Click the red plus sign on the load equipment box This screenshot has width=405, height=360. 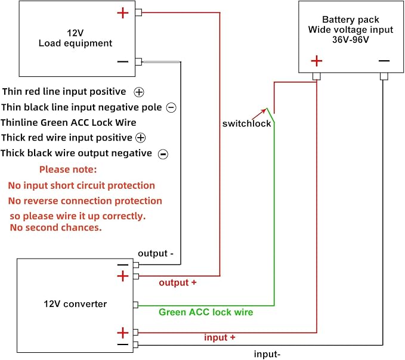(123, 13)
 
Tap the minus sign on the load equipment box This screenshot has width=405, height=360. (123, 61)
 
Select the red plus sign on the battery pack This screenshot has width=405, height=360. (317, 61)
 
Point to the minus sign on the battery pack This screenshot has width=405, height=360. (384, 61)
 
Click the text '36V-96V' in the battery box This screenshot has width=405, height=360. (351, 40)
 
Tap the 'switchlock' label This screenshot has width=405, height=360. (247, 123)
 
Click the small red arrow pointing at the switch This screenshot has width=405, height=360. (259, 114)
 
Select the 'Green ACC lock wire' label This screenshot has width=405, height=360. (206, 312)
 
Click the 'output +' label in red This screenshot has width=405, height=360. (178, 283)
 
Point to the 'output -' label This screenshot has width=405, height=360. (156, 253)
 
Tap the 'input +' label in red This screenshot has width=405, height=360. (220, 337)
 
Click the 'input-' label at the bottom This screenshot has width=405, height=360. (267, 354)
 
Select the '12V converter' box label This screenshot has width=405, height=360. (75, 304)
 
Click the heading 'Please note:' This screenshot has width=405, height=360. (68, 169)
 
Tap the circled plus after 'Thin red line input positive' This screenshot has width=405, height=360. (139, 92)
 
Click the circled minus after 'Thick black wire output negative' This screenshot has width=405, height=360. (163, 154)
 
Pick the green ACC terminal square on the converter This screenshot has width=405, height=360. (135, 305)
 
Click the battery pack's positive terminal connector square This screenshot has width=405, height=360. (317, 76)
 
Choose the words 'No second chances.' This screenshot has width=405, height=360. (56, 228)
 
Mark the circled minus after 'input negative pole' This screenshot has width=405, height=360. (171, 108)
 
